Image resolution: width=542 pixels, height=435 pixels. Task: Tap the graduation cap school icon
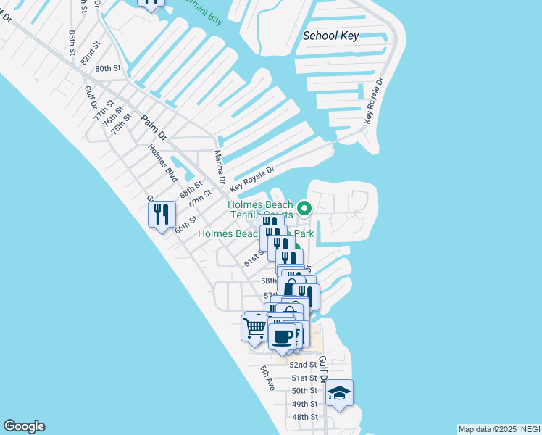339,394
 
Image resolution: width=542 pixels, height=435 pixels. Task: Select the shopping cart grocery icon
254,328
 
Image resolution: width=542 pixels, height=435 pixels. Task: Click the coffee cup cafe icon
282,336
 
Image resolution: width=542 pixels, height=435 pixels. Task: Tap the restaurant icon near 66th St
162,214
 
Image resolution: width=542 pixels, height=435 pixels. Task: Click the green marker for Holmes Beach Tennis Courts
305,209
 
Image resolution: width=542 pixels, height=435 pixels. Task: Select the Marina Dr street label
220,167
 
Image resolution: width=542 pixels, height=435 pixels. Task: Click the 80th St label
107,68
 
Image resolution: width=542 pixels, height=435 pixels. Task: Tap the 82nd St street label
90,53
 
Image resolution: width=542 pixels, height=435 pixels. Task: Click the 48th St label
304,417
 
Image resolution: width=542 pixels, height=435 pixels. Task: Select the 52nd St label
304,365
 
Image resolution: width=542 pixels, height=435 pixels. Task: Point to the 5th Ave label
266,379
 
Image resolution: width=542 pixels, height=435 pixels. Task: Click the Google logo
24,426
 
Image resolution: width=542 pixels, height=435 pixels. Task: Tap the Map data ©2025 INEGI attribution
499,429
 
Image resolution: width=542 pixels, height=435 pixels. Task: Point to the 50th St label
304,391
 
